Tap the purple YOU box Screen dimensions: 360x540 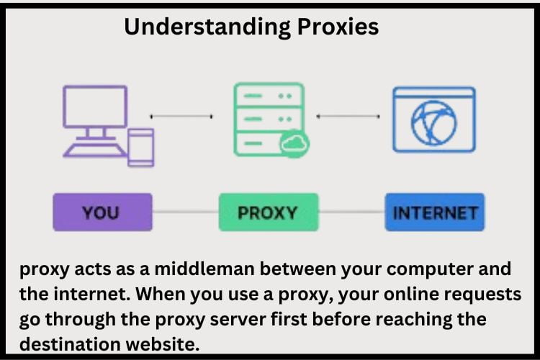coord(102,212)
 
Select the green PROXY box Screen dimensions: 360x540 coord(268,212)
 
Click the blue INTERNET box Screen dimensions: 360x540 coord(436,212)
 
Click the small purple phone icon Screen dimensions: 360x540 coord(140,147)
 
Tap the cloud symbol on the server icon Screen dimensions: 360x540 coord(294,143)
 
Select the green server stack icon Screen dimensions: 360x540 coord(262,118)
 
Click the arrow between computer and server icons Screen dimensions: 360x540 coord(181,116)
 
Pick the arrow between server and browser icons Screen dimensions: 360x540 coord(348,116)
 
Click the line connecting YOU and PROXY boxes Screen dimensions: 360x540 coord(185,212)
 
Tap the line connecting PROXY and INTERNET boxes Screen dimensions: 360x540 coord(351,212)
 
